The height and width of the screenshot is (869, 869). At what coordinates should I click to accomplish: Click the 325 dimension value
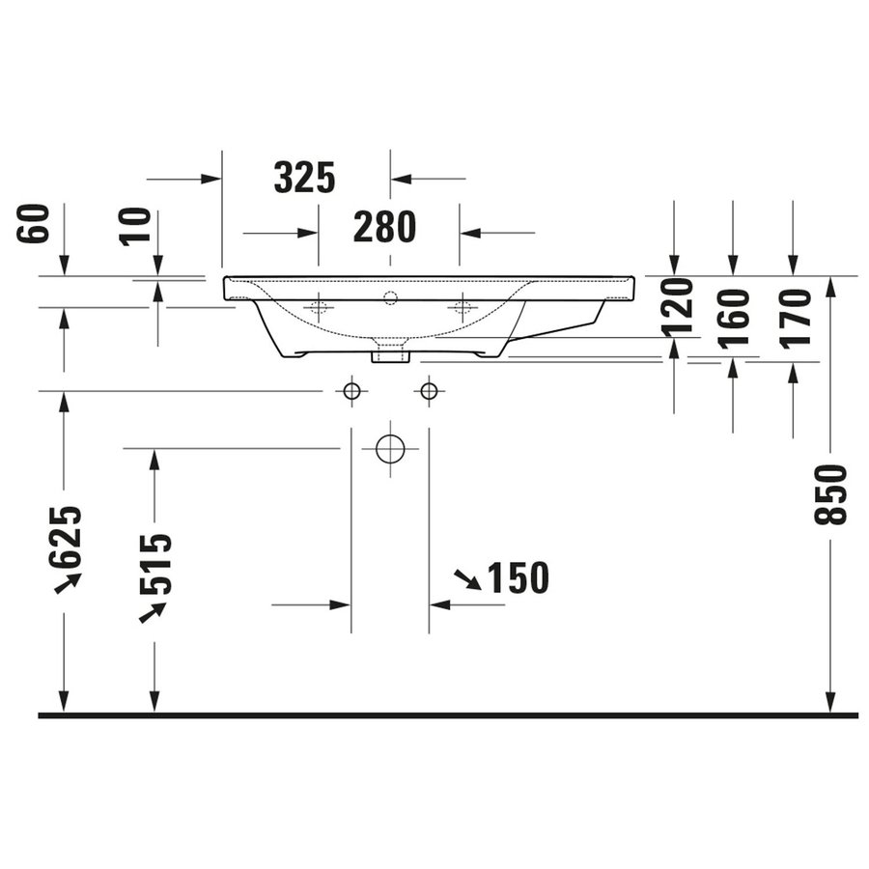pos(304,178)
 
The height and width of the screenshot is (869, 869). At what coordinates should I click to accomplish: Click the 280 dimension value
pos(384,227)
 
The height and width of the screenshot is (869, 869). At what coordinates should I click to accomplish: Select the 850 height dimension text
pos(830,494)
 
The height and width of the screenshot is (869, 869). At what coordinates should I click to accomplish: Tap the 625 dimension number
pos(66,537)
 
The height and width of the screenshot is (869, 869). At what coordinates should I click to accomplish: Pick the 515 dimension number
pos(155,564)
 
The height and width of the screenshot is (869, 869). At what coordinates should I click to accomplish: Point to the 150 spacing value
pos(518,578)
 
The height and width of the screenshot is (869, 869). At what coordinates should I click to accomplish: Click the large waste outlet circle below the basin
pos(390,448)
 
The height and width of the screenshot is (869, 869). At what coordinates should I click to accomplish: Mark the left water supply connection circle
pos(351,391)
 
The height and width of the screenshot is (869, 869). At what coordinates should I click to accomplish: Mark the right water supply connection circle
pos(429,391)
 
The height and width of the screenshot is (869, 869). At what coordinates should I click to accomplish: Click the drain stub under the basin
pos(390,352)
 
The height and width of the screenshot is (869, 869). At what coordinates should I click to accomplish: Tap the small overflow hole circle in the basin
pos(390,296)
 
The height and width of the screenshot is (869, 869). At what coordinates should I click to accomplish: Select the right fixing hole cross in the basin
pos(462,308)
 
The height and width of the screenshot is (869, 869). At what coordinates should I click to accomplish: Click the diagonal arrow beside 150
pos(467,579)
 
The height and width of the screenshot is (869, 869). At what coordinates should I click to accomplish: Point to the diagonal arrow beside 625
pos(68,582)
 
